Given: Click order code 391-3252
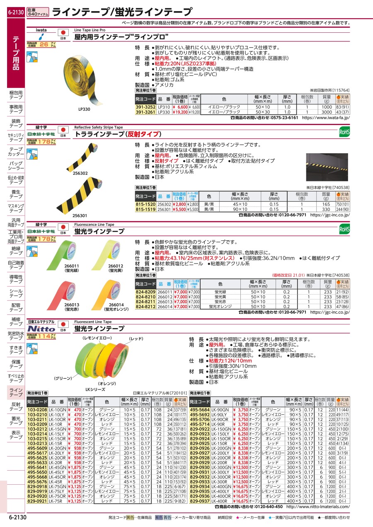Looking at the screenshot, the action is tap(145, 107).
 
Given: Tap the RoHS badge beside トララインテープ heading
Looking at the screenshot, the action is tap(344, 132).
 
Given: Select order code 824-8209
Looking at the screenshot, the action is tap(145, 292).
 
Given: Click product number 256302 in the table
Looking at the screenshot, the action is tap(164, 204).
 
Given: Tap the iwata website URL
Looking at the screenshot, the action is tap(326, 118).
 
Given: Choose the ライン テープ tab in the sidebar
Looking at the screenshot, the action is tap(16, 392).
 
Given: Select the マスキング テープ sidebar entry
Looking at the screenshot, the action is tap(16, 208).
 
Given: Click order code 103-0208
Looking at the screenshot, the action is tap(37, 409).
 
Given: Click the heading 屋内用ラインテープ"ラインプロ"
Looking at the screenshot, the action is tap(121, 37).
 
